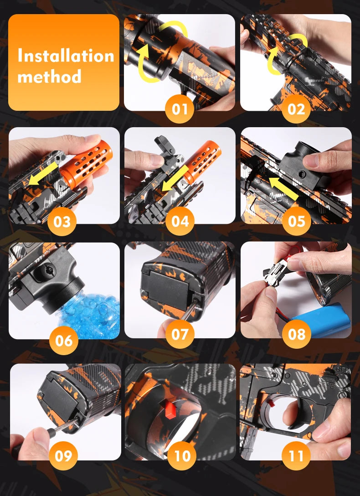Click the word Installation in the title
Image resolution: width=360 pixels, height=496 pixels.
point(66,56)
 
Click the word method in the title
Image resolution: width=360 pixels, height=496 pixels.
point(50,77)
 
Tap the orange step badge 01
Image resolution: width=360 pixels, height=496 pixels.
point(180,109)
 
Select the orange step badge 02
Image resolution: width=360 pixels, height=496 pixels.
point(296,109)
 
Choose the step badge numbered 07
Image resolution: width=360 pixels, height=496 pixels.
point(180,334)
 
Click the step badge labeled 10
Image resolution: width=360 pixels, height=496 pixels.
point(182,455)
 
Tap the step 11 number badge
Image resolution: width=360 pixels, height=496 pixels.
point(296,455)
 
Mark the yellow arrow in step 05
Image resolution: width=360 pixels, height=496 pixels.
point(283,189)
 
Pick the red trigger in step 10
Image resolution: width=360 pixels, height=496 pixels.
point(170,409)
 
